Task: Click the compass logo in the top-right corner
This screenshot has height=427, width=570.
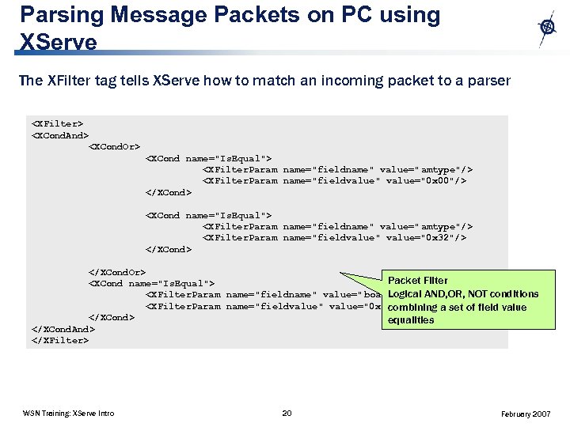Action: tap(547, 28)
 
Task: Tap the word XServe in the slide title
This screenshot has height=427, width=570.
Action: tap(59, 41)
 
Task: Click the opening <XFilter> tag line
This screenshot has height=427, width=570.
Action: tap(57, 123)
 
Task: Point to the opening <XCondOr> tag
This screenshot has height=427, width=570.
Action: tap(114, 146)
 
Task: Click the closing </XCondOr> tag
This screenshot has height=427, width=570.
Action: tap(116, 272)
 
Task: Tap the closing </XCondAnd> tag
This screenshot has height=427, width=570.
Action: tap(63, 329)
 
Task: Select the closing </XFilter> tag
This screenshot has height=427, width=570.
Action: tap(60, 340)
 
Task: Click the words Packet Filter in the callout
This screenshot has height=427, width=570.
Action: tap(418, 280)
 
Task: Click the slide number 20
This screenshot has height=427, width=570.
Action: tap(287, 413)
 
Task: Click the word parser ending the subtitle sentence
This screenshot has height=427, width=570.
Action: tap(492, 80)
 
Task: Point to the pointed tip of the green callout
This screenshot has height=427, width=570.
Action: tap(342, 276)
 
